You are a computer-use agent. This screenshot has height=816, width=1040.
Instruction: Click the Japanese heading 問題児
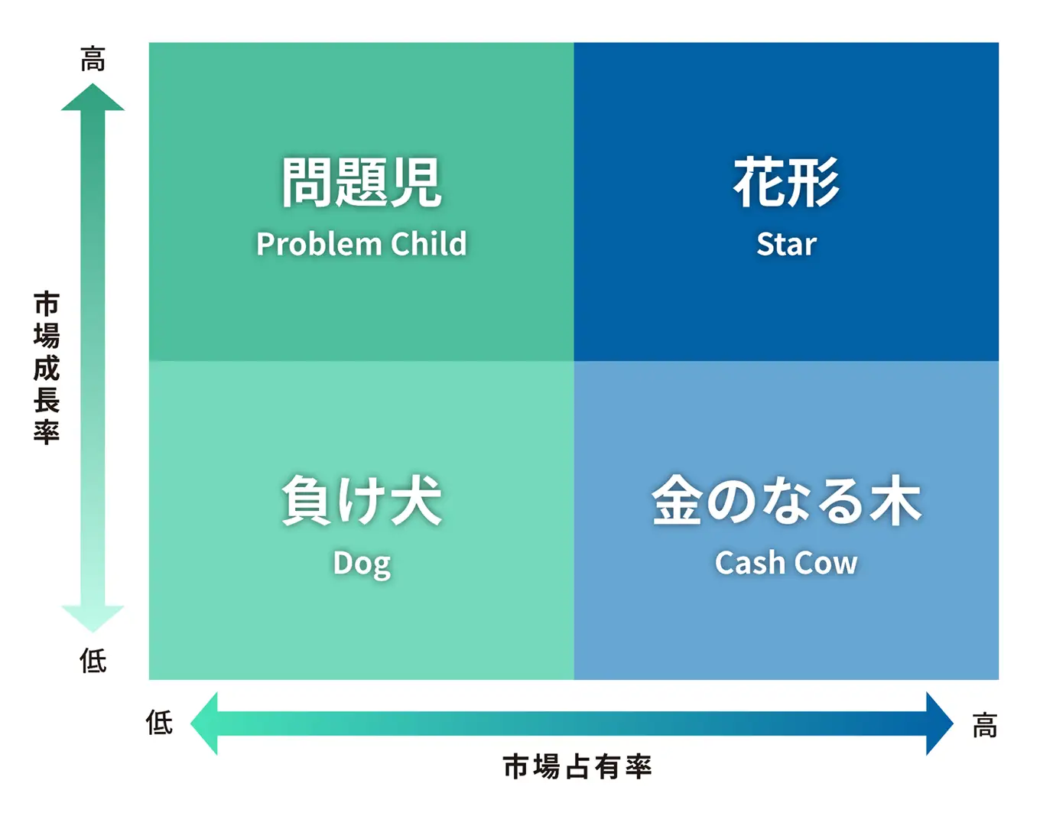pos(362,182)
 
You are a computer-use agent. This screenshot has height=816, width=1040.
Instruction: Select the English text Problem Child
pos(362,244)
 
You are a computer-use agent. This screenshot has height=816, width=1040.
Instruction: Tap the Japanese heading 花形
pos(786,182)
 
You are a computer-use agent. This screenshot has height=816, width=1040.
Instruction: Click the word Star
pos(786,244)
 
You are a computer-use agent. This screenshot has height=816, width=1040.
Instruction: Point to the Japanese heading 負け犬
pos(362,500)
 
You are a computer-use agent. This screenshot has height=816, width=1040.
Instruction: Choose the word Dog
pos(362,564)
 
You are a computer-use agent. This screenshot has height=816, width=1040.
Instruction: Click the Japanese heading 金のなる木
pos(786,500)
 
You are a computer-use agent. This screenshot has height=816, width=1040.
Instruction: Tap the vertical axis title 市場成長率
pos(47,368)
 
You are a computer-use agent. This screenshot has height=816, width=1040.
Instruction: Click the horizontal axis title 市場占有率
pos(577,766)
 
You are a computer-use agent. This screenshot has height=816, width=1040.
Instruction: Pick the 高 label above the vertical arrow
pos(93,59)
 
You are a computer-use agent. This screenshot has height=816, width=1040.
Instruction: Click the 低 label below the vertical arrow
pos(93,661)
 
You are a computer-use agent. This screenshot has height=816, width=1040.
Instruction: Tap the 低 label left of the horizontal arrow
pos(159,722)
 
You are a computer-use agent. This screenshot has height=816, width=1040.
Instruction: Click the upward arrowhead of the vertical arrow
pos(93,97)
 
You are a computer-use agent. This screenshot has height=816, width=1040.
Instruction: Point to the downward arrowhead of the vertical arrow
pos(93,619)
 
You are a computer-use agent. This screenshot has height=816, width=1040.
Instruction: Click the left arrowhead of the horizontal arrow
pos(204,723)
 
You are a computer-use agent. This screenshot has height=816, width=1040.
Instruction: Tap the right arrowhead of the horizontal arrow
pos(940,723)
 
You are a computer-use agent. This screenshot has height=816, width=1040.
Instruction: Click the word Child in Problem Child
pos(428,243)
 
